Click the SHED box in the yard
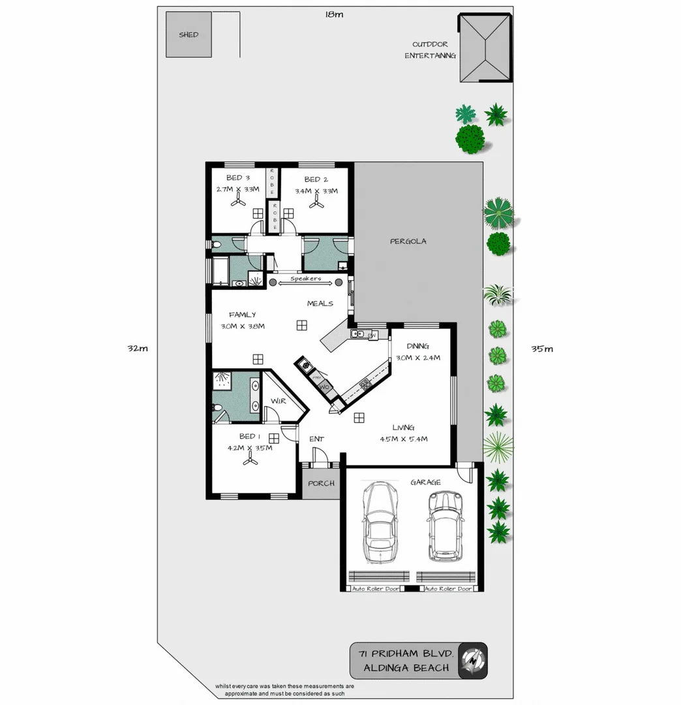pos(189,35)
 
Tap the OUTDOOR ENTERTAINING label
pos(430,50)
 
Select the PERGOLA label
pos(408,242)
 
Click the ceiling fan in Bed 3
pos(238,203)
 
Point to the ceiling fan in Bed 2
pos(317,204)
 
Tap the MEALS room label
pos(320,304)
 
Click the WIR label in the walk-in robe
pos(278,401)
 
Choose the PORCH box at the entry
pos(321,484)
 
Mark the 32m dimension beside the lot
pos(138,349)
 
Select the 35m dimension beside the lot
pos(543,349)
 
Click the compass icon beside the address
pos(473,660)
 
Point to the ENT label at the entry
pos(316,439)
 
